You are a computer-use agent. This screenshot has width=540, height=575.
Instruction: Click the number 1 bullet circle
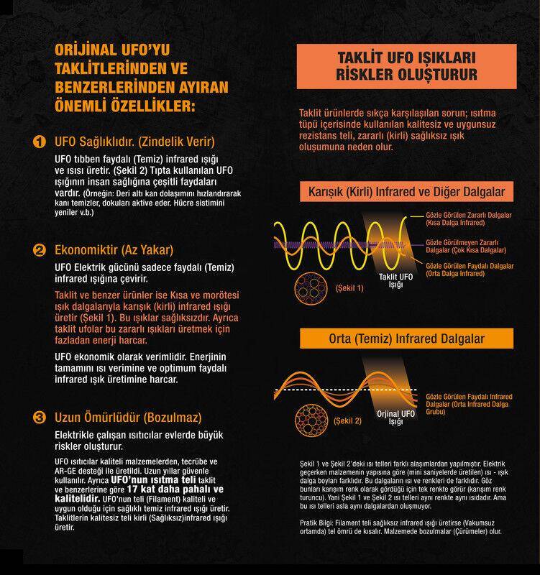coord(40,142)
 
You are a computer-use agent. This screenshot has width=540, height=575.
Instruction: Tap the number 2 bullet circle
coord(40,250)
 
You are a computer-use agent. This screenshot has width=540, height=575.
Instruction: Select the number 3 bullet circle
coord(40,418)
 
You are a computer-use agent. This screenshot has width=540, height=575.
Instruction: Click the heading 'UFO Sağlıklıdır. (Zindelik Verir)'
coord(134,142)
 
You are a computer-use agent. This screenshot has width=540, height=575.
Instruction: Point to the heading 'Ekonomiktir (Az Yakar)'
coord(114,249)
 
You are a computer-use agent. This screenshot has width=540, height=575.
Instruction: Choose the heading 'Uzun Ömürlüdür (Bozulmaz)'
coord(128,418)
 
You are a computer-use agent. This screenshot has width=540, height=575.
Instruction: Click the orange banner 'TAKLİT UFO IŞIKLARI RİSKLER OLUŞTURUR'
coord(406,66)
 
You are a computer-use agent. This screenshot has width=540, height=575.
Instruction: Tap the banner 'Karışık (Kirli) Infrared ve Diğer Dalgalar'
coord(406,191)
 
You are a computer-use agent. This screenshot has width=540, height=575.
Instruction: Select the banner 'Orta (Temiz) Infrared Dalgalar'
coord(406,339)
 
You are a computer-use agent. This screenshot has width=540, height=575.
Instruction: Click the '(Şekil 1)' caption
coord(349,288)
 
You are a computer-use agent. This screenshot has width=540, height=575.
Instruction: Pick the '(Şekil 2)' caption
coord(347,420)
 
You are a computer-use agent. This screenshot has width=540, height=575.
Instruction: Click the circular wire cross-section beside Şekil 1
coord(311,288)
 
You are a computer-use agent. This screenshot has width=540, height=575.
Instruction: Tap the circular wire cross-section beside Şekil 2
coord(311,420)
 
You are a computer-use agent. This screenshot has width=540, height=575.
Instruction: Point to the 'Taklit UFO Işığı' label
coord(395,280)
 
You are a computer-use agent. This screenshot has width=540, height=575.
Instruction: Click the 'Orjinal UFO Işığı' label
coord(395,418)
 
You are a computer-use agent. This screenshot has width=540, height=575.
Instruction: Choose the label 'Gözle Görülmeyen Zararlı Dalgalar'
coord(466,247)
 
